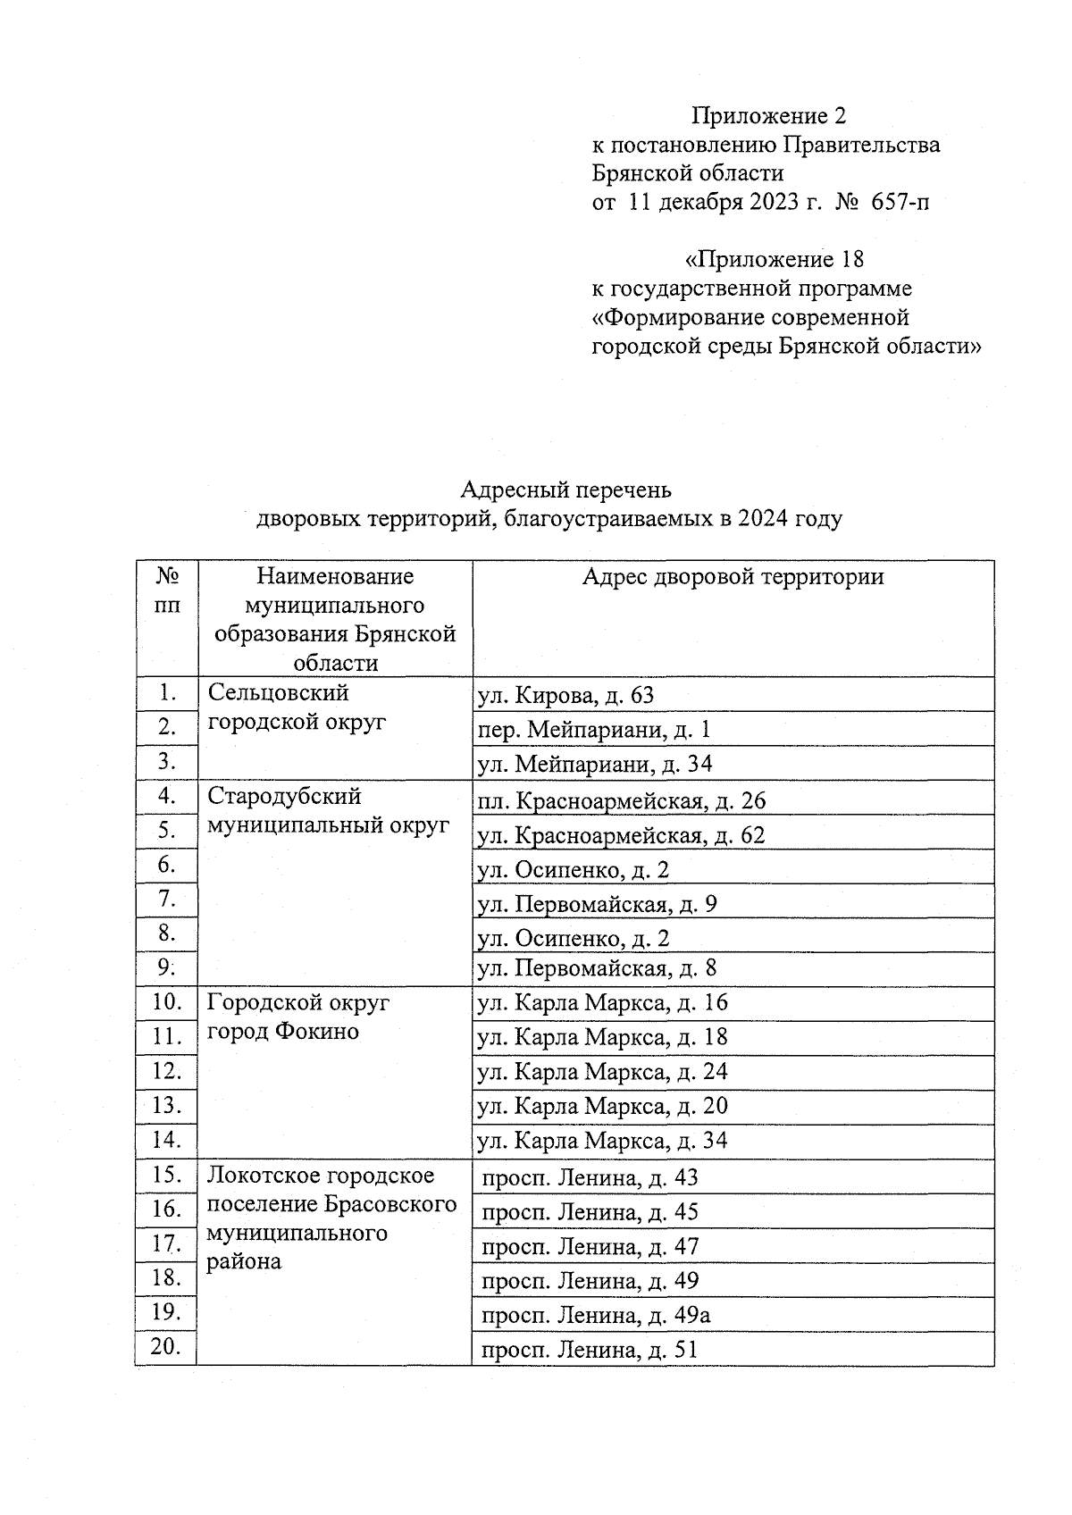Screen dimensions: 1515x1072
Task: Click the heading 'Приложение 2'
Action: pos(768,116)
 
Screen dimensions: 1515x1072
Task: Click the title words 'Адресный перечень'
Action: pos(565,490)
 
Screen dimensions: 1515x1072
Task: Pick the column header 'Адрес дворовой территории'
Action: pos(733,577)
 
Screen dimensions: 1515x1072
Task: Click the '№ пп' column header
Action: pos(167,590)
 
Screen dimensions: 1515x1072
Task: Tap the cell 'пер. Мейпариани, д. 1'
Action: pos(594,730)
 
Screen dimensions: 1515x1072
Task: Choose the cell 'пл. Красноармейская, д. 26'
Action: pos(622,800)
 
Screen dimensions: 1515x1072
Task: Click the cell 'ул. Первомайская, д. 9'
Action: pos(598,905)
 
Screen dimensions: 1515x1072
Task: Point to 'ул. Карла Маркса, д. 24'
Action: pos(603,1071)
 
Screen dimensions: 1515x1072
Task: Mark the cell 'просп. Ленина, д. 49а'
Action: pos(596,1315)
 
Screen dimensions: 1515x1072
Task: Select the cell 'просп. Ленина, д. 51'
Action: pos(589,1350)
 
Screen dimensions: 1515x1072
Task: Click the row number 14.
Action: pos(167,1139)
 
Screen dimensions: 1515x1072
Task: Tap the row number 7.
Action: pos(167,899)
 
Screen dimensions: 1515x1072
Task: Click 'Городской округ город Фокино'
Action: pos(298,1017)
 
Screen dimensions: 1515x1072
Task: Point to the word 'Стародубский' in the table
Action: pos(284,796)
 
